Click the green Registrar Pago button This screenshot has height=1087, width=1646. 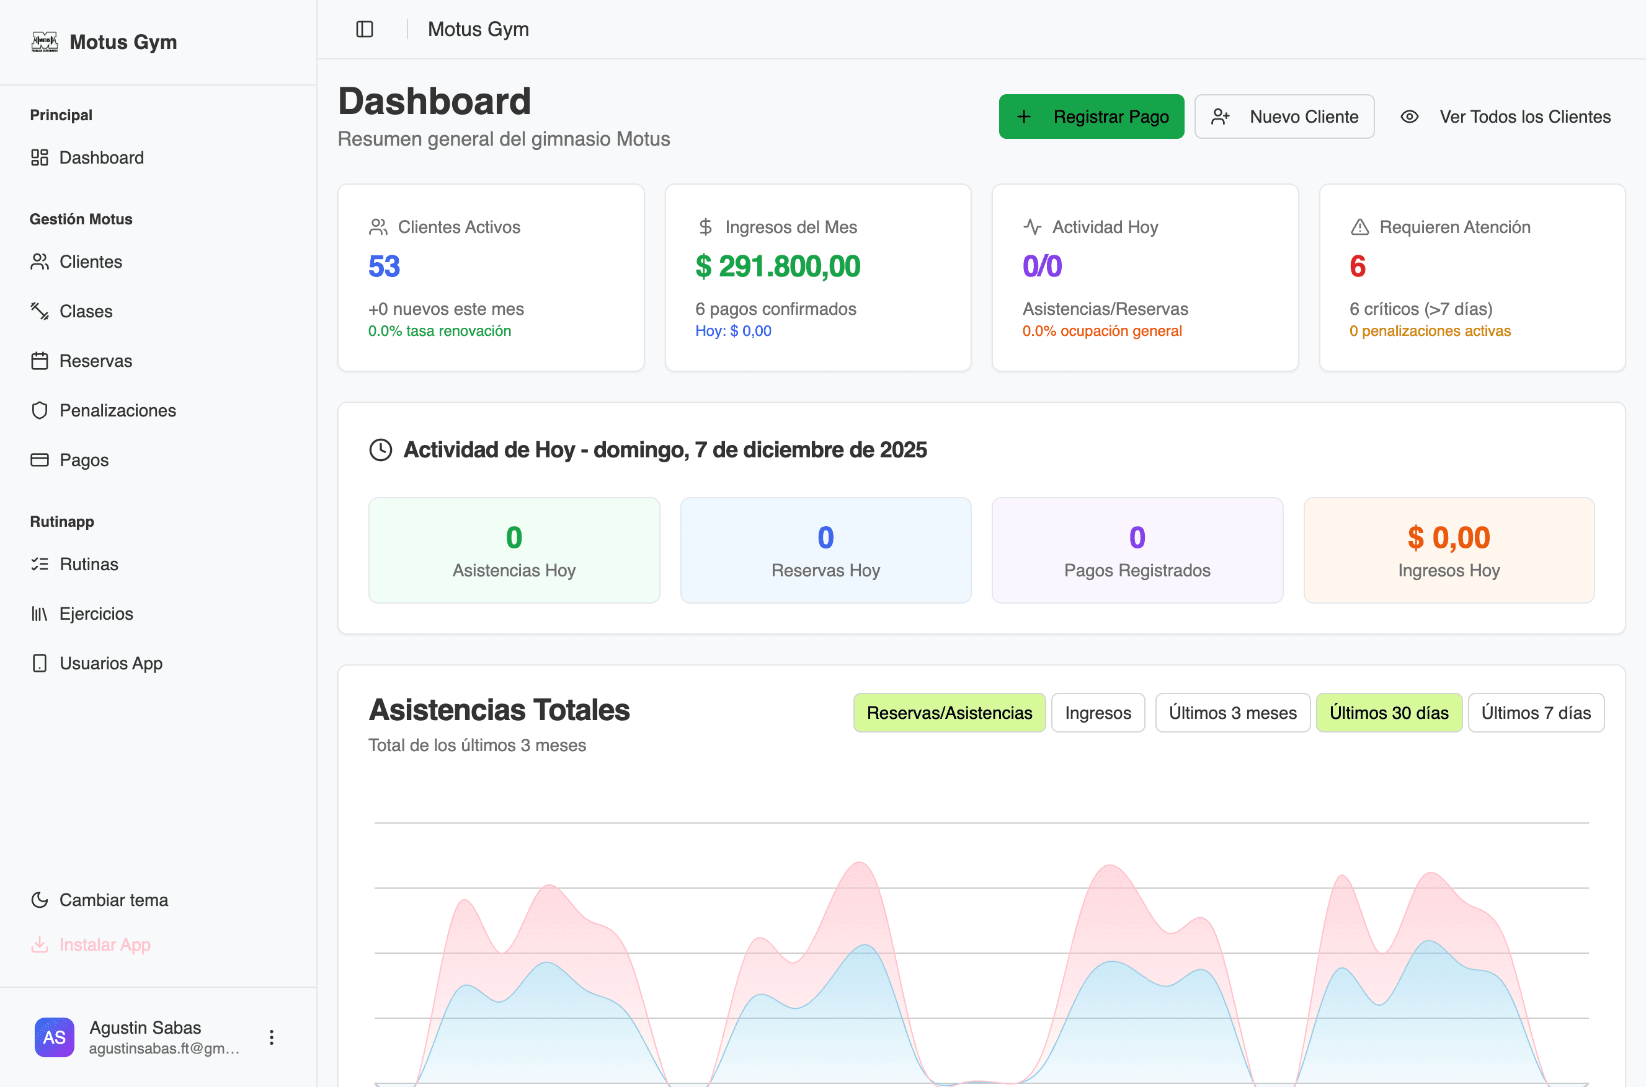[1091, 117]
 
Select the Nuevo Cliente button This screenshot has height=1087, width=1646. [1284, 117]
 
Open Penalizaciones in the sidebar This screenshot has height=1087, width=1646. [117, 410]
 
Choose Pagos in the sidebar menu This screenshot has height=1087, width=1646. [83, 460]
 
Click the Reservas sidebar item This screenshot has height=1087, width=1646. [95, 361]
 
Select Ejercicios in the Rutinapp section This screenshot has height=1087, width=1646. [96, 614]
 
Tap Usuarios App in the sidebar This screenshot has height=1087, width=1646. [110, 664]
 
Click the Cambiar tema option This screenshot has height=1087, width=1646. [113, 900]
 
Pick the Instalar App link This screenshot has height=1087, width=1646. [104, 945]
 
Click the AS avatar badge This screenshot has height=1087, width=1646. [54, 1037]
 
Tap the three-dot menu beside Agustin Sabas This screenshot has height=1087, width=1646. [271, 1037]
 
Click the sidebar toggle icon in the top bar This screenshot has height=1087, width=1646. [364, 29]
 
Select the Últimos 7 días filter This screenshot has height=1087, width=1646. [1536, 713]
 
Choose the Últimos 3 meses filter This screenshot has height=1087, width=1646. [1232, 713]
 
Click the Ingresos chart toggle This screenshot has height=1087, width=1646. [1097, 713]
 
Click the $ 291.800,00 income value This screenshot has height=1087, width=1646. [778, 266]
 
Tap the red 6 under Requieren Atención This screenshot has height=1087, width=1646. [1358, 266]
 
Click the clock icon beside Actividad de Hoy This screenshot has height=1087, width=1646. [381, 450]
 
